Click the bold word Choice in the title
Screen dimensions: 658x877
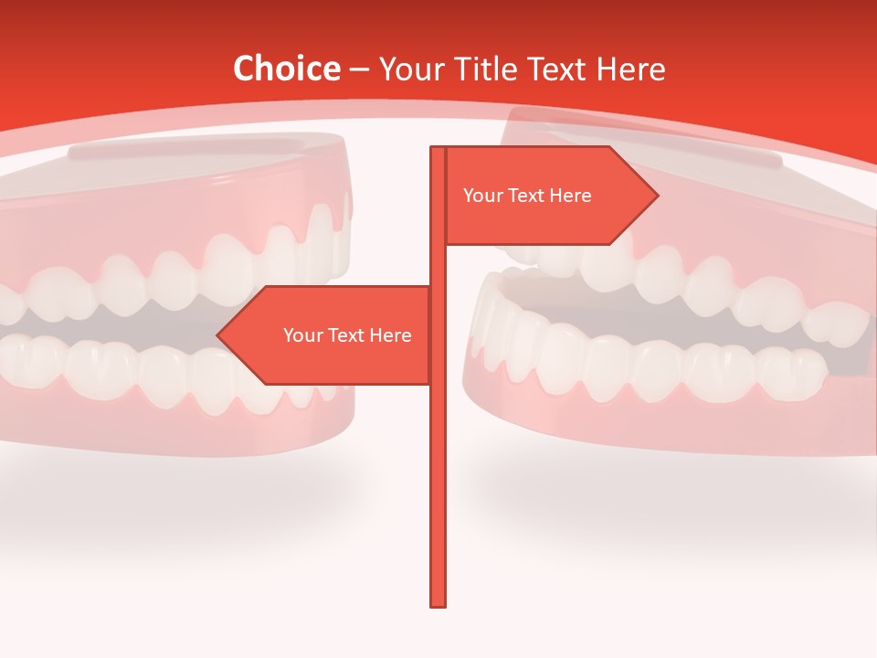pos(286,69)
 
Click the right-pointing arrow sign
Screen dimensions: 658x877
pos(548,196)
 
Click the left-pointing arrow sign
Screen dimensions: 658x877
pos(329,335)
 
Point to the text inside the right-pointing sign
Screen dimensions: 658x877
pos(527,196)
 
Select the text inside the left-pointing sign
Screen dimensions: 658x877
pos(347,335)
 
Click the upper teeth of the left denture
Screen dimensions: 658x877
pos(183,274)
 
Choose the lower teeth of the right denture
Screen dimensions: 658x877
pos(658,366)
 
